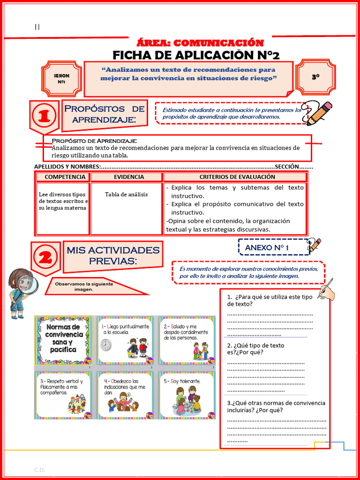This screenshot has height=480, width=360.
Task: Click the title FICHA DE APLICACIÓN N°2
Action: coord(196,55)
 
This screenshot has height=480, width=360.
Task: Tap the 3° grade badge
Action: coord(315,76)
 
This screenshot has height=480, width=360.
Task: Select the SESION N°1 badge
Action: coord(61,79)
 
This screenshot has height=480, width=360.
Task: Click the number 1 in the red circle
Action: coord(45,115)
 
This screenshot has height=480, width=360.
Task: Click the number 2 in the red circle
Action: coord(45,257)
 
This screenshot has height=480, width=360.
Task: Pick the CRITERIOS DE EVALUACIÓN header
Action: coord(237,177)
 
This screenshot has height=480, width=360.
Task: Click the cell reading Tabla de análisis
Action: coord(126,195)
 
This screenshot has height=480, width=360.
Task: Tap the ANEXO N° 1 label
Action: coord(267,247)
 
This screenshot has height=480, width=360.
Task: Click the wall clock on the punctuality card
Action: coord(106,345)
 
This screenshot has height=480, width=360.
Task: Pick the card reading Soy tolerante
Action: coord(187,394)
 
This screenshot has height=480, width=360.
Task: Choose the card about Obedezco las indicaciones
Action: coord(125,394)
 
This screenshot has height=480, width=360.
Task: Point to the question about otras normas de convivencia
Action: coord(276,406)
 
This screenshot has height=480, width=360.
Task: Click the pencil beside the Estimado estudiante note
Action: coord(318,113)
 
